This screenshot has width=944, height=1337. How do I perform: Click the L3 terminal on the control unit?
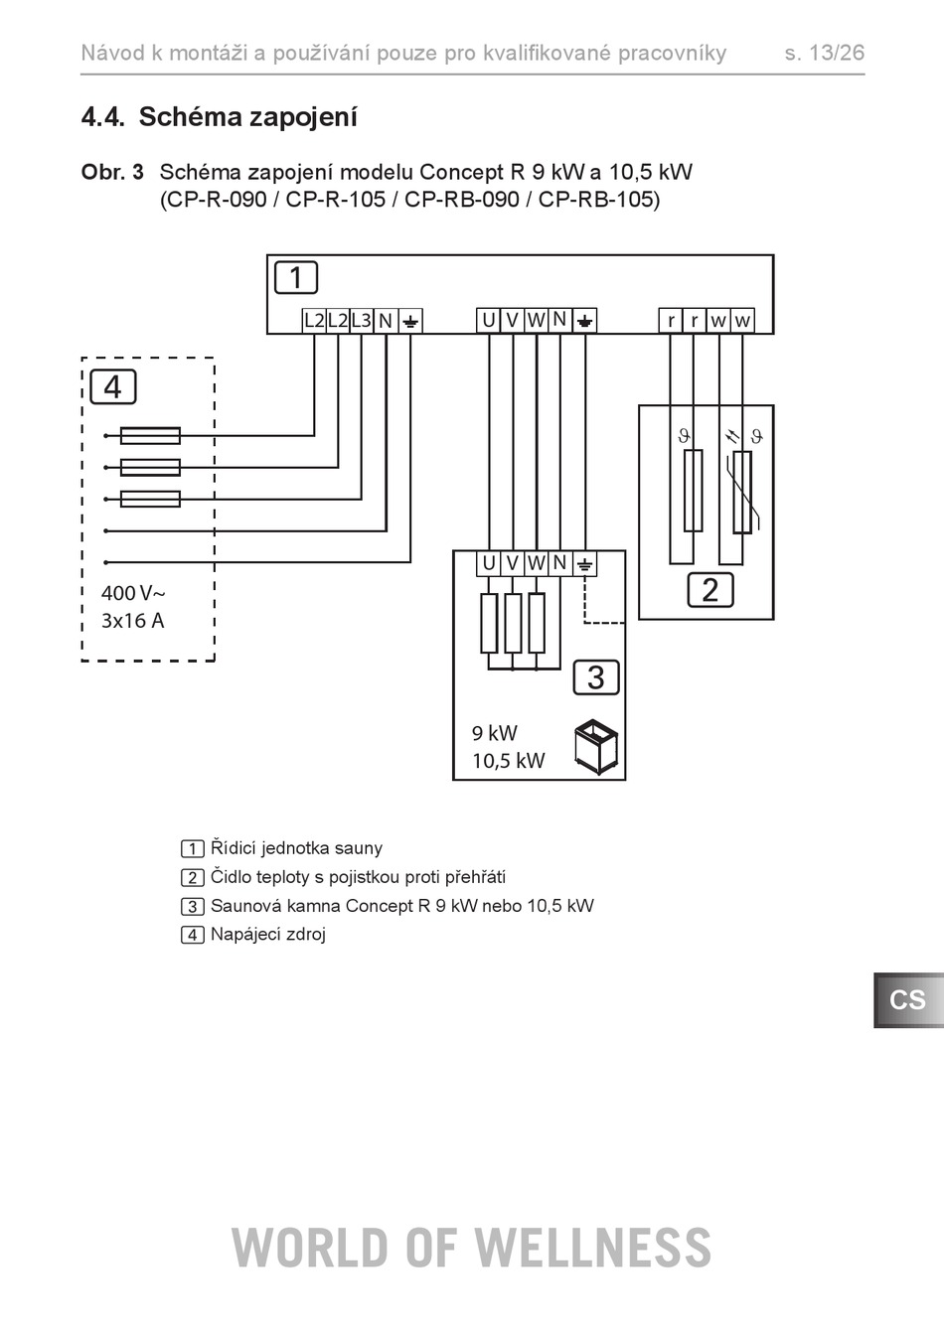point(362,321)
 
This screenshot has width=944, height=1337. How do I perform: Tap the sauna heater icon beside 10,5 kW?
point(596,747)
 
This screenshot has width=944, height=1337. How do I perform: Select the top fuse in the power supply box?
point(150,436)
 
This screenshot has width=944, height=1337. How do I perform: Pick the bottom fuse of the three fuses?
point(150,499)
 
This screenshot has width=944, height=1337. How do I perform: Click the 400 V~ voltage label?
point(133,593)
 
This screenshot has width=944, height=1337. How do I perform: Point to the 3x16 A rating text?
point(132,621)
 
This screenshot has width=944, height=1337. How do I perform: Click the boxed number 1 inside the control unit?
point(296,277)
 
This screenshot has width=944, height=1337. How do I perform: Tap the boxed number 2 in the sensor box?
point(709,590)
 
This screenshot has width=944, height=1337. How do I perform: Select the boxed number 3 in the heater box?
point(596,677)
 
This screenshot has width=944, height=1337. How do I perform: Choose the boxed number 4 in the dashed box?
point(113,387)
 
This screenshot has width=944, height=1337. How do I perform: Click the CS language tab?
point(908,999)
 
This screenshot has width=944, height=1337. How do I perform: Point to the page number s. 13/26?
point(825,53)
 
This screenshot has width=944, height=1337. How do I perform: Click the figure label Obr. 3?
point(112,173)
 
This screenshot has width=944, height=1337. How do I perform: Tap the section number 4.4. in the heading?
point(103,117)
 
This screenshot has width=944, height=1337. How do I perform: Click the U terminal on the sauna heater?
point(489,563)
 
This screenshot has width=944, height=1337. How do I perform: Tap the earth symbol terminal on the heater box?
point(584,563)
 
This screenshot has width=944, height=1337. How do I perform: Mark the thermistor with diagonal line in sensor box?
point(742,492)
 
